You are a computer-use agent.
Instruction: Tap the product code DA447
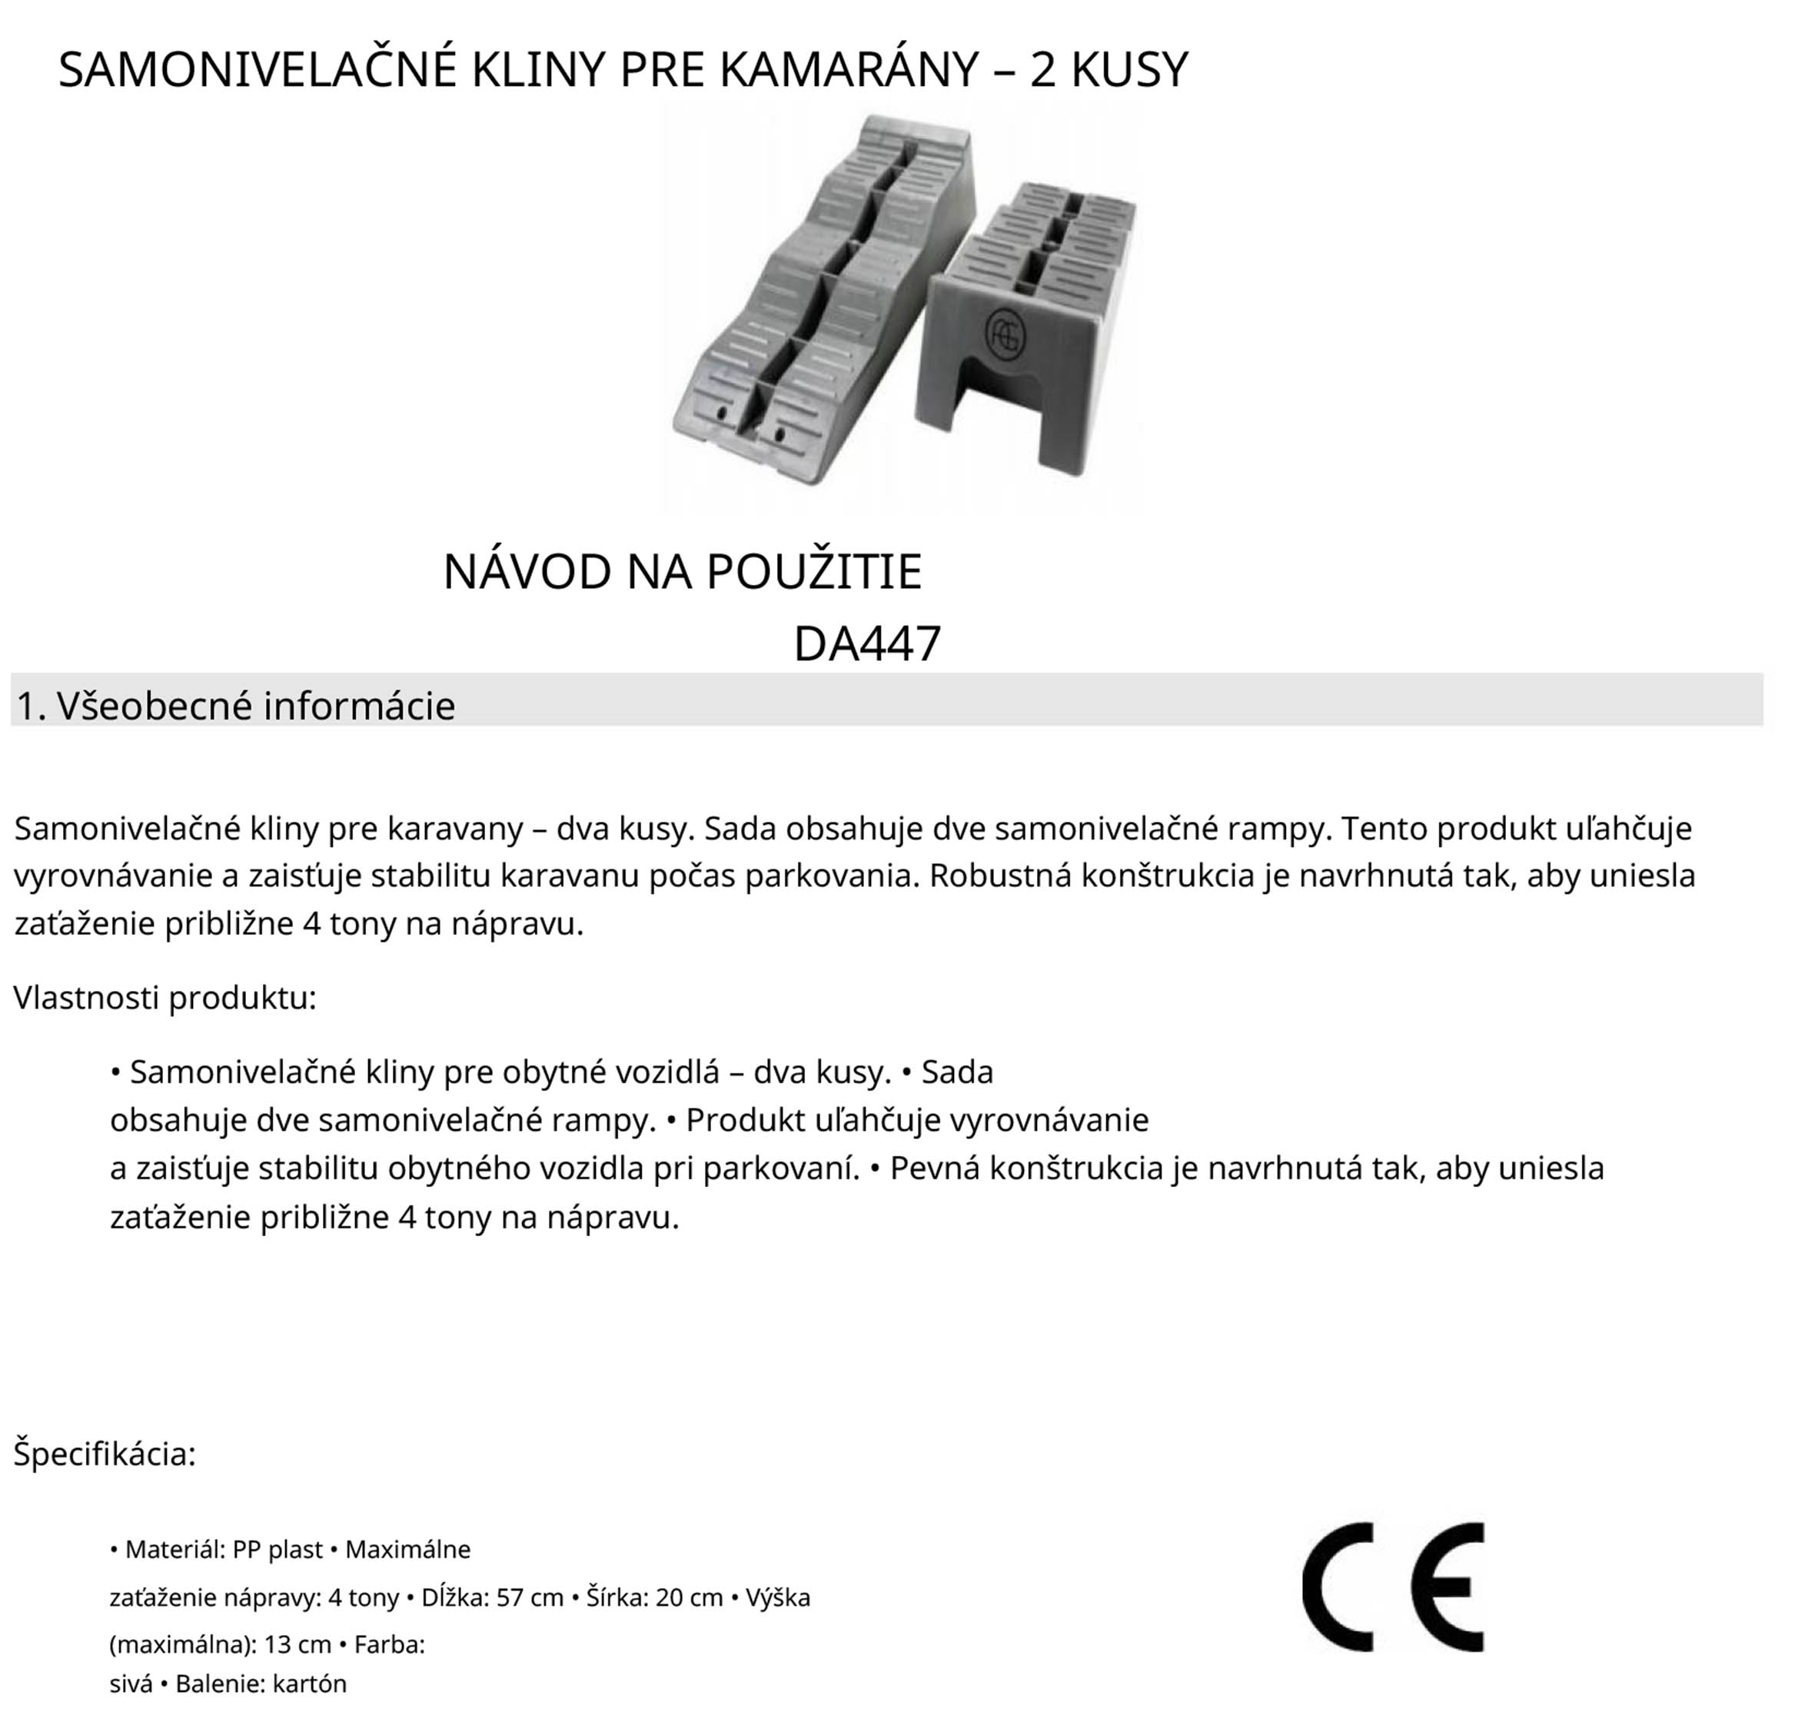tap(866, 643)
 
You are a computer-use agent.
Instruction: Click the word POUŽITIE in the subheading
tap(814, 572)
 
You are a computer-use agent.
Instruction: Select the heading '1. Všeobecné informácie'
tap(235, 706)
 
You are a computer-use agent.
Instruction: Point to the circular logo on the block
tap(1005, 334)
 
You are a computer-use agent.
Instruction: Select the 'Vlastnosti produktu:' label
tap(165, 997)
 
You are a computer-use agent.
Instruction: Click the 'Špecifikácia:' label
tap(105, 1454)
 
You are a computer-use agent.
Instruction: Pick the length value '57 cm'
tap(530, 1597)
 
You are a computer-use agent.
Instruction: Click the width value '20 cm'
tap(690, 1597)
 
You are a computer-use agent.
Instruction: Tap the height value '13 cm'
tap(298, 1644)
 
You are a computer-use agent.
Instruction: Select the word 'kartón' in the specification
tap(310, 1683)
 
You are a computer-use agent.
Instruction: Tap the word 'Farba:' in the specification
tap(389, 1644)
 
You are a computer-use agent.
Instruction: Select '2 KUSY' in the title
tap(1109, 70)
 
